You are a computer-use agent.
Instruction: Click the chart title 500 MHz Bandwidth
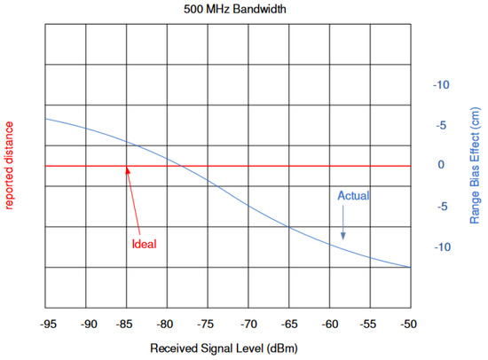click(227, 10)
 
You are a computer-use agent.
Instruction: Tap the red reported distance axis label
click(11, 165)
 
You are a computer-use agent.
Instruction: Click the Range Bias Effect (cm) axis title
click(476, 165)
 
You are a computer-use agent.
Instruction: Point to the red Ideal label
click(144, 244)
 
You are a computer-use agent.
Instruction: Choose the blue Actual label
click(353, 195)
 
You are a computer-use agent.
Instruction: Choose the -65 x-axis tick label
click(289, 325)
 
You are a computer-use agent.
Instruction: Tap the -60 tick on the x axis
click(330, 325)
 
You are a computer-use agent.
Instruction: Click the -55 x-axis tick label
click(370, 325)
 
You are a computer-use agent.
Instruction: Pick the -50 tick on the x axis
click(410, 325)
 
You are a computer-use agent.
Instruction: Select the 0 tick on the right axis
click(441, 166)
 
